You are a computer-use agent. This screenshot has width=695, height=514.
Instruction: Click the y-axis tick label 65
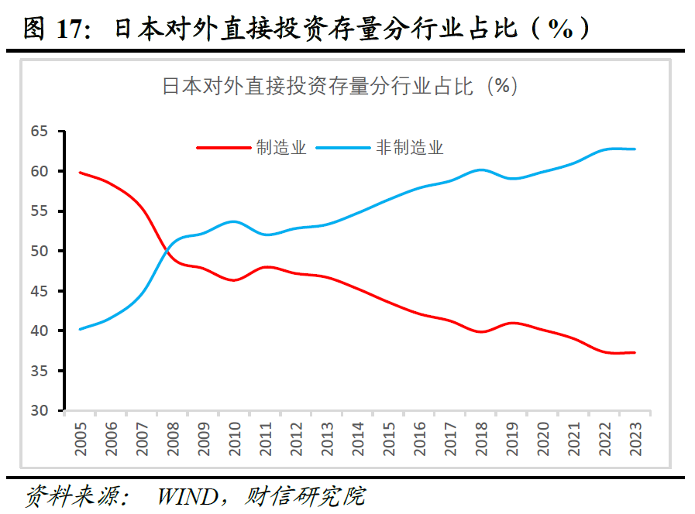tap(39, 132)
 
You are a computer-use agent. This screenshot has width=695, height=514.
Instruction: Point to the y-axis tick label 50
tap(39, 251)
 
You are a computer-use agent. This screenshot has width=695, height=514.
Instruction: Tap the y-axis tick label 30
tap(39, 410)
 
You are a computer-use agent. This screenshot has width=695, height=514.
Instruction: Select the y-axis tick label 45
tap(39, 291)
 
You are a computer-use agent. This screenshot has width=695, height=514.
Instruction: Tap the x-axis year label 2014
tap(359, 436)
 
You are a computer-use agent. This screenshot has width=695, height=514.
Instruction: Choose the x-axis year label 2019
tap(512, 436)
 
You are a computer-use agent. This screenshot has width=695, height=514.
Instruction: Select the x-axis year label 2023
tap(635, 436)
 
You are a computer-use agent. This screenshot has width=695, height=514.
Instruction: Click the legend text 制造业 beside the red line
tap(281, 148)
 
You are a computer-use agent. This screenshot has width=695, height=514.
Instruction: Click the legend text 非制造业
tap(410, 148)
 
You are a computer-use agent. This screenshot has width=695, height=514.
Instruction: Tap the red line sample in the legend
tap(224, 148)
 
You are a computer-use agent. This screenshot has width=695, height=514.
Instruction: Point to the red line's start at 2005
tap(81, 173)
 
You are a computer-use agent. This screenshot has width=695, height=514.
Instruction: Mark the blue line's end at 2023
tap(635, 149)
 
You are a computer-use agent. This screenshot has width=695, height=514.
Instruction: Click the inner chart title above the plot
tap(339, 86)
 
